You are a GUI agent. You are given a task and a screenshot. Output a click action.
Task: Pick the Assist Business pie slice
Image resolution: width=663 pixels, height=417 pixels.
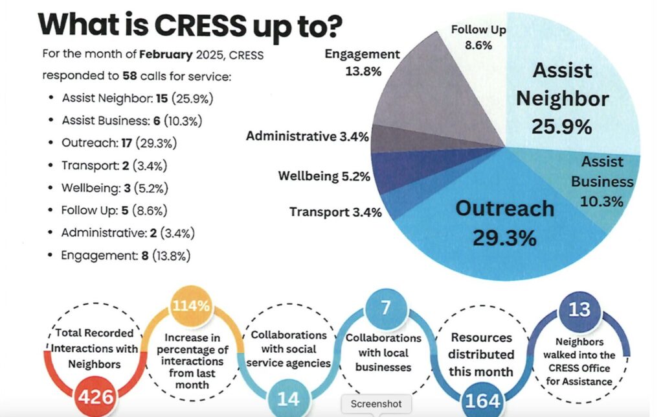point(602,182)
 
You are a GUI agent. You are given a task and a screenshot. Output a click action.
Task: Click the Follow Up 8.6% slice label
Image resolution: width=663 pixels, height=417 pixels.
point(478,37)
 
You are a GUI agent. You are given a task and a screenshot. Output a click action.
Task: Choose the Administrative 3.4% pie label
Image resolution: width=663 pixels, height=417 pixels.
point(307,137)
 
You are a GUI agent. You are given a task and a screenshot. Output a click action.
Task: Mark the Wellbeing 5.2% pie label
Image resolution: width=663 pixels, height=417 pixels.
point(323,176)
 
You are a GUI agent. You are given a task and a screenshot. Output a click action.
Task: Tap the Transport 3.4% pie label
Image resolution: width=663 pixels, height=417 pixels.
point(335,211)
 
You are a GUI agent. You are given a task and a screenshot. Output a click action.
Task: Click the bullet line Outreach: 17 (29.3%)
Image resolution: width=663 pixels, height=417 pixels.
point(120,143)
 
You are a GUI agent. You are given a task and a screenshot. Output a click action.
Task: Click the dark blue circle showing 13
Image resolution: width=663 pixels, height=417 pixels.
point(579,309)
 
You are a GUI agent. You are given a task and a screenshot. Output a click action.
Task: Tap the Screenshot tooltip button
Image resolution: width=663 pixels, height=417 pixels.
point(376,404)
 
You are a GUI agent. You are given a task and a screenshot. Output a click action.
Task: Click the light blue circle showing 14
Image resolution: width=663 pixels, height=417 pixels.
point(288,398)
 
